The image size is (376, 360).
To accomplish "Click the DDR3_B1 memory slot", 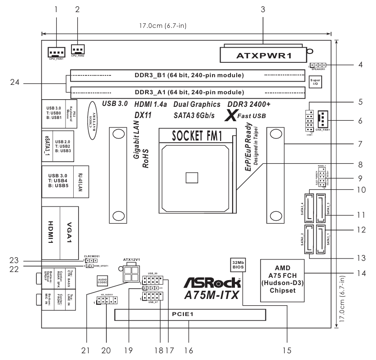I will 186,75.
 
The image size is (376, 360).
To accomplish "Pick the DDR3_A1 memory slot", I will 186,93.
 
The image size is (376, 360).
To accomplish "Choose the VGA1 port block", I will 69,231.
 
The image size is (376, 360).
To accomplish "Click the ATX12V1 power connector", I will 133,271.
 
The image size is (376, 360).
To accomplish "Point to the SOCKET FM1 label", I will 196,136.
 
